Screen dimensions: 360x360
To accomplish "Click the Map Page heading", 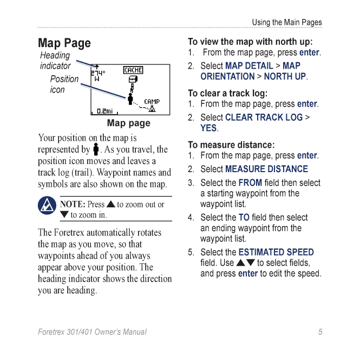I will pos(64,43).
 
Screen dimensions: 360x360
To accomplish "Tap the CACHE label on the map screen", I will pos(133,70).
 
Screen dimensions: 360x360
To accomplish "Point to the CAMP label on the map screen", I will pos(152,101).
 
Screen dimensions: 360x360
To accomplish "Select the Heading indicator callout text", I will pos(55,61).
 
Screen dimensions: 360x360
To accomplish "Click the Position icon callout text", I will pos(64,84).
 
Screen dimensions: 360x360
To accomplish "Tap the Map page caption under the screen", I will pos(129,123).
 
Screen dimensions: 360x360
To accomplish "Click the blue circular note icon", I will pos(47,206).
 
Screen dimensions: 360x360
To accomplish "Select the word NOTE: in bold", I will pos(73,204).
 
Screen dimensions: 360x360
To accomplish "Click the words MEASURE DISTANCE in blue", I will pos(266,169).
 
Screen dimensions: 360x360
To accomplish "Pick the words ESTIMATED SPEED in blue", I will pos(276,252).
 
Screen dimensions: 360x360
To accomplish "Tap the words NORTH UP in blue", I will pos(285,77).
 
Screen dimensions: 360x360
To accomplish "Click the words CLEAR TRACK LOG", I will pos(264,117).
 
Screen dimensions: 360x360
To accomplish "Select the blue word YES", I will pos(208,128).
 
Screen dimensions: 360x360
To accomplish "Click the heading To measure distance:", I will pos(231,145).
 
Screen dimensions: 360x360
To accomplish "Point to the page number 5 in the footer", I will pos(320,332).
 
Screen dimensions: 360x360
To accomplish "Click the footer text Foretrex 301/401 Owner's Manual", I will pos(92,332).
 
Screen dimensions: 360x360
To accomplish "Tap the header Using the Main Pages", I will pos(287,22).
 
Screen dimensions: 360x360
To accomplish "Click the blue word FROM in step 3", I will pos(250,182).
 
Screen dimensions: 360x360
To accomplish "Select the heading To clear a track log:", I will pos(227,93).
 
